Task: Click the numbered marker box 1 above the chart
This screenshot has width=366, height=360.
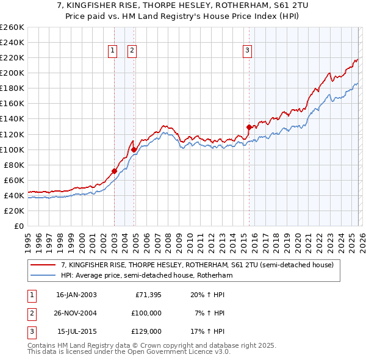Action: tap(113, 51)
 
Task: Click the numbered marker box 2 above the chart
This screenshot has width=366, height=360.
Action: tap(132, 51)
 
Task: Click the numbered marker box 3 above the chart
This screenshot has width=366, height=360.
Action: tap(247, 51)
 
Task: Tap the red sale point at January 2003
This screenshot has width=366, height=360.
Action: tap(114, 171)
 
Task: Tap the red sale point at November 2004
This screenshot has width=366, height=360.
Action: tap(134, 149)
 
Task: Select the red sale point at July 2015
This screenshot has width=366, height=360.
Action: tap(249, 127)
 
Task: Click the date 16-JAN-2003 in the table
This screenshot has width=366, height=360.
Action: tap(76, 295)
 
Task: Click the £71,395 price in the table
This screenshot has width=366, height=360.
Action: tap(146, 295)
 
